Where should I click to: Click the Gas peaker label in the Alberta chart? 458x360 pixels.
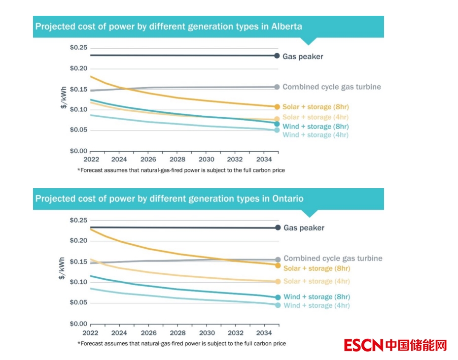click(303, 57)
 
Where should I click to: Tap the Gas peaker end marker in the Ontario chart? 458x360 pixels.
click(279, 228)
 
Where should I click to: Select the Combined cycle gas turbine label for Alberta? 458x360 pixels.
click(331, 87)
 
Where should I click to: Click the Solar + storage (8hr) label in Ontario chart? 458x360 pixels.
click(317, 268)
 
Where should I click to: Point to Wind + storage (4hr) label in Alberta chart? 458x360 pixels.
click(316, 135)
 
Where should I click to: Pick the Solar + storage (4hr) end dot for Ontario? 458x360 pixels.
click(278, 281)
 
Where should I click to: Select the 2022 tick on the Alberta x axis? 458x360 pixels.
click(91, 160)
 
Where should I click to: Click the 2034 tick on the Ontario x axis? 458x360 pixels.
click(264, 333)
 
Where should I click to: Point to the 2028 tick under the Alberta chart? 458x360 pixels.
click(177, 160)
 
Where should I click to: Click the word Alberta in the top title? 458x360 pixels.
click(286, 26)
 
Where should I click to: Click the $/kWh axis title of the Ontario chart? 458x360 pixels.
click(63, 268)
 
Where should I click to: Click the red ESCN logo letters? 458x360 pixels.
click(363, 345)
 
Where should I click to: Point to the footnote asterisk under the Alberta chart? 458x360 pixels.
click(78, 170)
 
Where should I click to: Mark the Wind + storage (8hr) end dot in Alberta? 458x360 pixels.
click(277, 124)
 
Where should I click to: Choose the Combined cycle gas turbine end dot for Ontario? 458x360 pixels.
click(278, 259)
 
